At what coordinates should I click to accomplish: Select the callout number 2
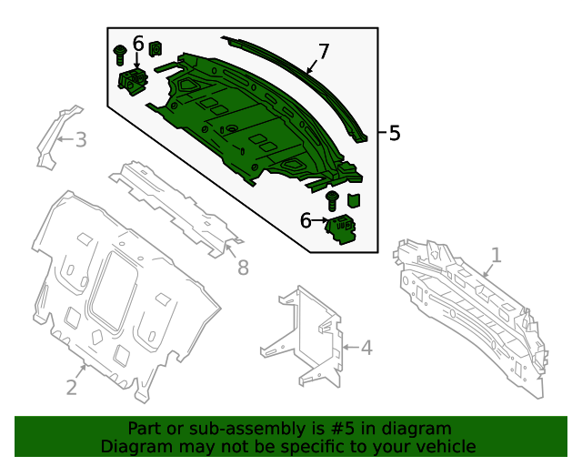(x=72, y=387)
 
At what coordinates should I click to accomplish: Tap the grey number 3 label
(x=80, y=139)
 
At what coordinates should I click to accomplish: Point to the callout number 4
(x=366, y=347)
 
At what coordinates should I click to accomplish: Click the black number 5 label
(x=394, y=133)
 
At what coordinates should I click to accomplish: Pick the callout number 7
(x=323, y=51)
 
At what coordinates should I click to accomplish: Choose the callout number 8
(x=242, y=267)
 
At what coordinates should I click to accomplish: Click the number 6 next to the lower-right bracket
(x=306, y=220)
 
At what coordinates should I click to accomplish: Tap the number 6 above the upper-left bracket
(x=138, y=43)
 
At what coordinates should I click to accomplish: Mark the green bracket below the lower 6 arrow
(x=344, y=229)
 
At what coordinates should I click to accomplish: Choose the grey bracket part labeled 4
(x=305, y=337)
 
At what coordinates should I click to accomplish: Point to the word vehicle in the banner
(x=445, y=446)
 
